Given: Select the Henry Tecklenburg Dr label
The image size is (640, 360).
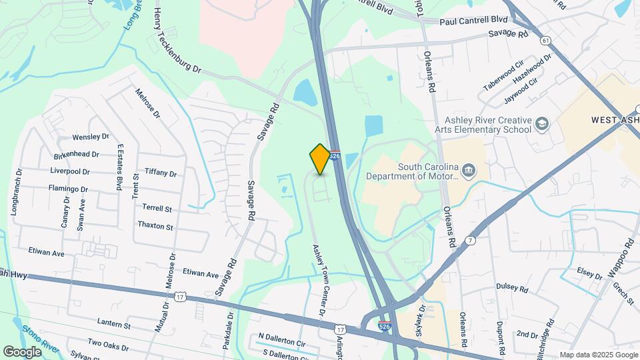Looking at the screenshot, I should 177,41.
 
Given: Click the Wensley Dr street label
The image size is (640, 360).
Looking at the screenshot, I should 91,137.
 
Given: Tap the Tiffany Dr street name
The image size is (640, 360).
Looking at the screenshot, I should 160,173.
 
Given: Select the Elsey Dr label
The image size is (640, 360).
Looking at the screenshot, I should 590,273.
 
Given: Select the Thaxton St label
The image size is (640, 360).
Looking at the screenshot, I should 155,226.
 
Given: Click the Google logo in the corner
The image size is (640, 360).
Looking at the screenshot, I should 22,351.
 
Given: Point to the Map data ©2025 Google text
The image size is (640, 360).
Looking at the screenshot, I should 598,355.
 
